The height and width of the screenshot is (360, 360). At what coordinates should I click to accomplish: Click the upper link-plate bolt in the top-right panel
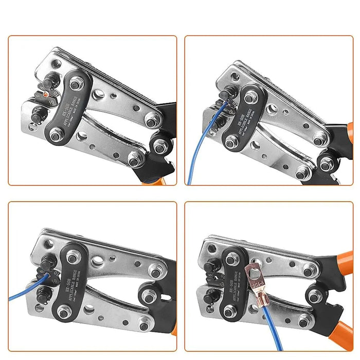coord(250,97)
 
